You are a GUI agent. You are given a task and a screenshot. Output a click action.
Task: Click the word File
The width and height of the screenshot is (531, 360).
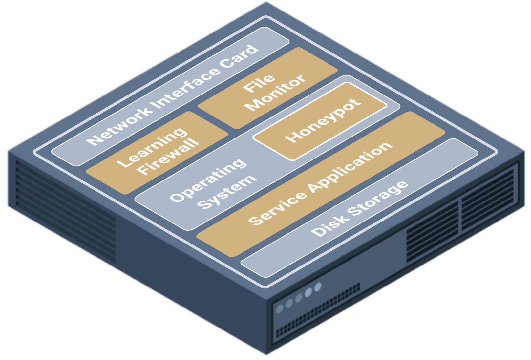pos(259,83)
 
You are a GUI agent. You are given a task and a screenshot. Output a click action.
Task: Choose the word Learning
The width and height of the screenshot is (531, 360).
pos(152,147)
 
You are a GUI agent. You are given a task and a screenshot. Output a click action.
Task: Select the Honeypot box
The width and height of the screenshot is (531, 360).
pos(320,121)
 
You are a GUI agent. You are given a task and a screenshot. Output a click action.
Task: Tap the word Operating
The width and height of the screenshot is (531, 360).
pos(208,180)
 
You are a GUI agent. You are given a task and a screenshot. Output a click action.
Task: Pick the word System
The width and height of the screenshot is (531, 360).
pos(227,193)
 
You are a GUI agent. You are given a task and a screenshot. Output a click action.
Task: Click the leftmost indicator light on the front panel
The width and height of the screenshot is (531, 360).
pos(280,308)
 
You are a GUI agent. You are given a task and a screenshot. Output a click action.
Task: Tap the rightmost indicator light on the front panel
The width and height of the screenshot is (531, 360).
pos(318,287)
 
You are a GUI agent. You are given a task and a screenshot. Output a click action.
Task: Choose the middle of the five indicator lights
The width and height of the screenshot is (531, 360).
pos(299,298)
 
